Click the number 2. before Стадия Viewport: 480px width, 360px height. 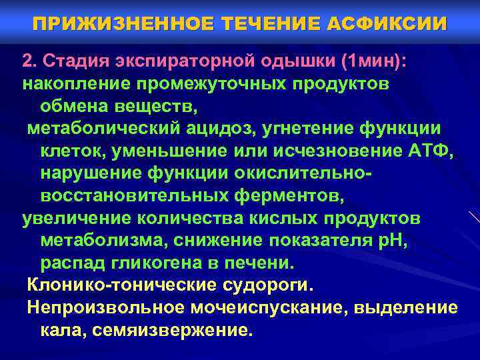pyautogui.click(x=30, y=62)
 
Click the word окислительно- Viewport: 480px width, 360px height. pyautogui.click(x=303, y=173)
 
